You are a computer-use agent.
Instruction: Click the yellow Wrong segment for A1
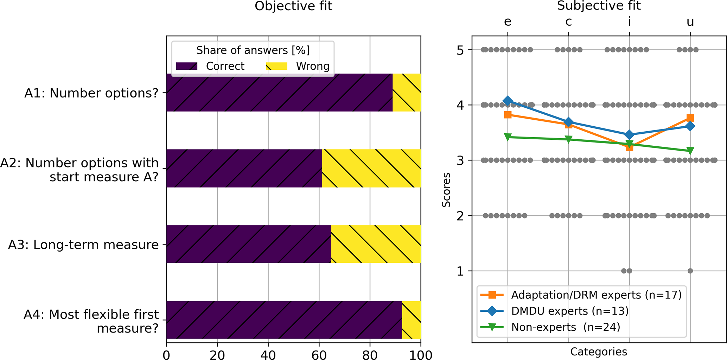406,93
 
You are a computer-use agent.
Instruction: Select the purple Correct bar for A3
249,244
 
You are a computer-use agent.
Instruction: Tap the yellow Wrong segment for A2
371,168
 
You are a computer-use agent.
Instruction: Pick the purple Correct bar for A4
284,320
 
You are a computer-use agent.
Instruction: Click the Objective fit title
293,6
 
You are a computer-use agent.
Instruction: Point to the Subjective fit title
599,6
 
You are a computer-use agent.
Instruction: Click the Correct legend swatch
186,66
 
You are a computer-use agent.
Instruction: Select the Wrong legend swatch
276,66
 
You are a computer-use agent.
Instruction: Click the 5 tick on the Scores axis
460,50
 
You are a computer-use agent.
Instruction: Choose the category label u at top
690,22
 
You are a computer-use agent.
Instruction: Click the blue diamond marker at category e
508,101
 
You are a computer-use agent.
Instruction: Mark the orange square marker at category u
690,118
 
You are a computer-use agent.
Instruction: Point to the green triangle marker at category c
568,140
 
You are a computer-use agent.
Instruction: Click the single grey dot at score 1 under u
690,271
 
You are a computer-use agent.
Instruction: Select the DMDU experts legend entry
570,311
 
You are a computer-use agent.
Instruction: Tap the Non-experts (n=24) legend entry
566,327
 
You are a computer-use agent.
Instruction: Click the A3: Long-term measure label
83,245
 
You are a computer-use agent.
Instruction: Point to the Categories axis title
599,352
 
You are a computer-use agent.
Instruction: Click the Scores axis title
446,190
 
